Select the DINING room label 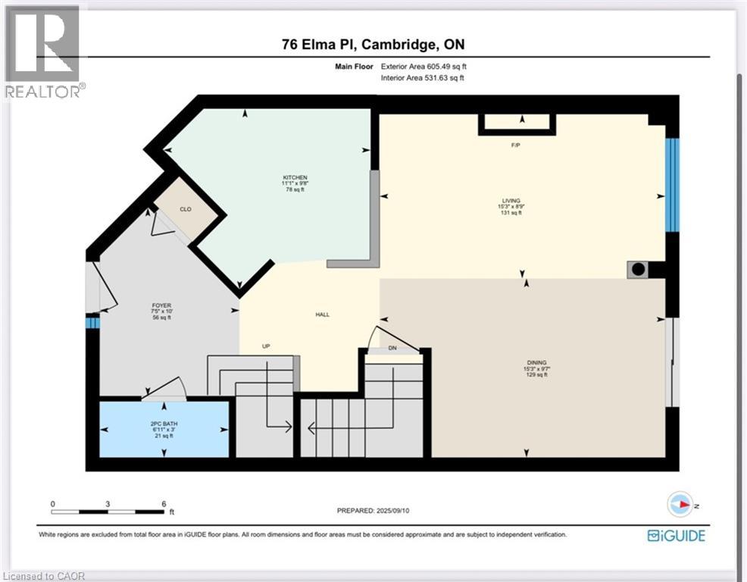[536, 362]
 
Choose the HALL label [323, 314]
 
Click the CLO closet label [184, 209]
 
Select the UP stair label [266, 346]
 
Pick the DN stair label [392, 349]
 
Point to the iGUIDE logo [676, 536]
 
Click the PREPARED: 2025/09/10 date [373, 511]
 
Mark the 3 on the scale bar [108, 504]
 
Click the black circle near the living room [638, 269]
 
